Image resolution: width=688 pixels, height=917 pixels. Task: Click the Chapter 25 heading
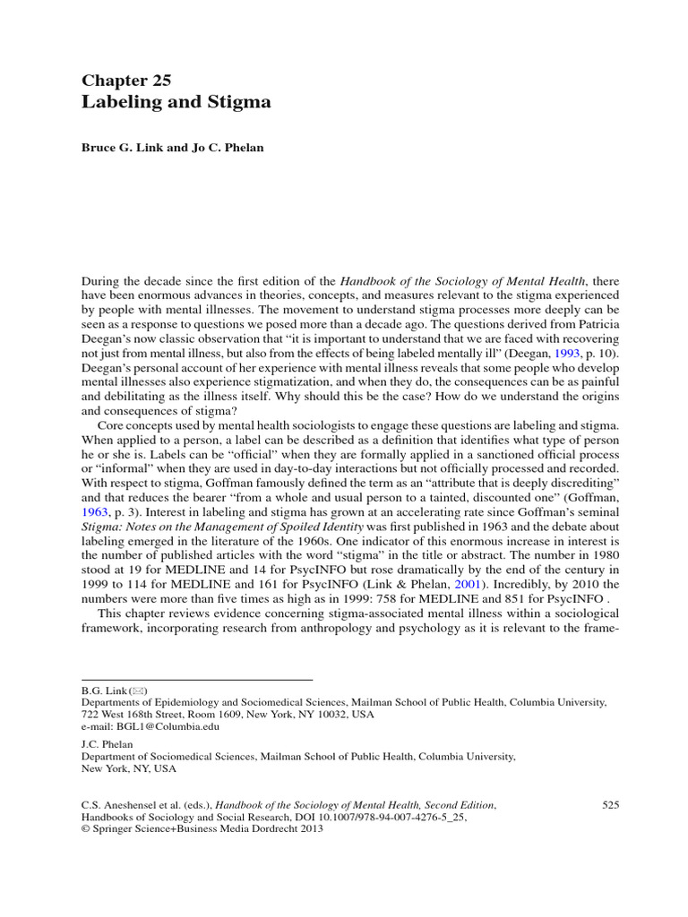[x=126, y=81]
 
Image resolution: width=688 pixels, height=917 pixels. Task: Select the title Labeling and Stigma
[x=176, y=102]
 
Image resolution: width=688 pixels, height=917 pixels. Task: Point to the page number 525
[x=611, y=806]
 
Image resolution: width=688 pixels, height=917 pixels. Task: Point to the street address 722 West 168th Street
[x=141, y=715]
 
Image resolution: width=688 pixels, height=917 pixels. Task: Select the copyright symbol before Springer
[x=86, y=829]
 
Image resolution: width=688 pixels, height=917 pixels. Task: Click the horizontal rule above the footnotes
[x=196, y=680]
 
